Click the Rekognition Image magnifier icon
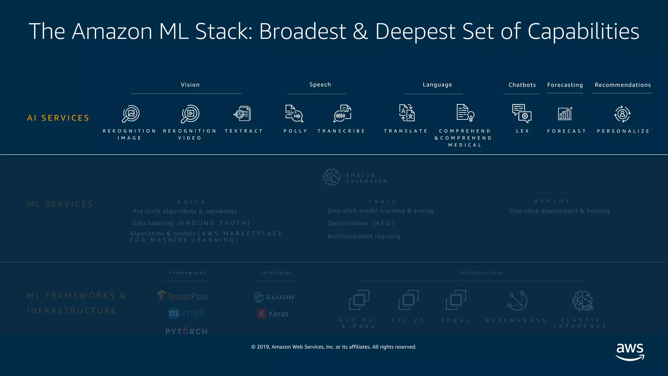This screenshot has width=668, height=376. [131, 114]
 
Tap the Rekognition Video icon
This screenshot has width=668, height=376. [190, 114]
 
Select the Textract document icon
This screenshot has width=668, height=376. [242, 114]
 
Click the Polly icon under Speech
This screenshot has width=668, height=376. [294, 114]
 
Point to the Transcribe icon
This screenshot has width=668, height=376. [342, 114]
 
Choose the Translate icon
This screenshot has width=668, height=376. [407, 113]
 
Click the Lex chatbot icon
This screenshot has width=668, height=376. [522, 114]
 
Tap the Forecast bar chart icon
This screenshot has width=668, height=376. [565, 114]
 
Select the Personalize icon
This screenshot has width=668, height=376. [622, 114]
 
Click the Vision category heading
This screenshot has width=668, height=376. [190, 85]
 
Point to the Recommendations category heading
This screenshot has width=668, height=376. [623, 85]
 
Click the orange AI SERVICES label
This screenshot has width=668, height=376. [58, 118]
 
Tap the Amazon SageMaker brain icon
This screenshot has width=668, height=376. [332, 177]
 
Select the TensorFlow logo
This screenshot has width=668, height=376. [183, 296]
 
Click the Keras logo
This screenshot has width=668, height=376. [273, 314]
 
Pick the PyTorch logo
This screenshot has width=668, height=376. [186, 331]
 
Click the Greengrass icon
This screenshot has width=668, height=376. [517, 301]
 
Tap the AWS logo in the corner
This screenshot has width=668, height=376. [630, 352]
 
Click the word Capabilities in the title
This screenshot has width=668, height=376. [583, 31]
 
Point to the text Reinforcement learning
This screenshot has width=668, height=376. [364, 236]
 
